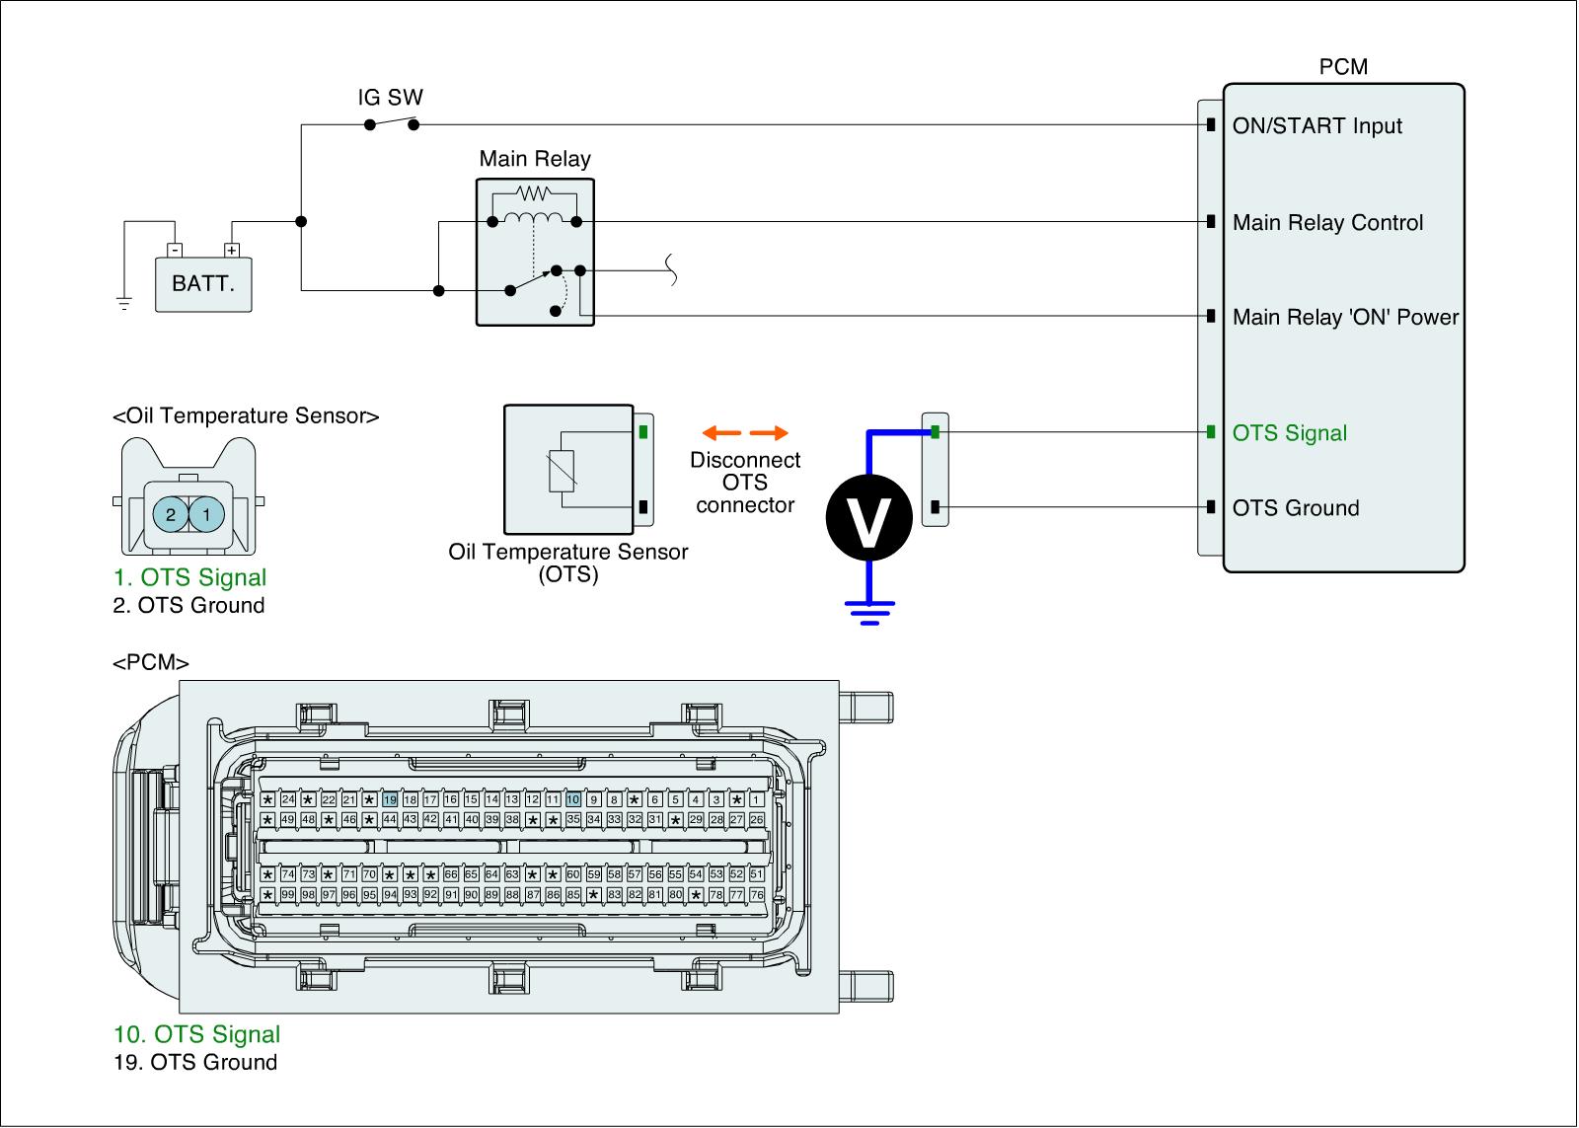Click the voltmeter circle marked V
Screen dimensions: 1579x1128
(869, 517)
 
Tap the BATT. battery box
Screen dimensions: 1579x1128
(203, 284)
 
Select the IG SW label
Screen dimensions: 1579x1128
(391, 98)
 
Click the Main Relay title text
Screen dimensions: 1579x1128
(535, 159)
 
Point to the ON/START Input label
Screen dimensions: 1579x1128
(1316, 125)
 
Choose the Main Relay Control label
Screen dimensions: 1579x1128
(1327, 223)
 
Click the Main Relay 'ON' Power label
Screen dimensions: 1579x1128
(1345, 317)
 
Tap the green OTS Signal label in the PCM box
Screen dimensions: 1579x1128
(1289, 433)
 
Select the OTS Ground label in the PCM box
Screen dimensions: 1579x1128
(1296, 508)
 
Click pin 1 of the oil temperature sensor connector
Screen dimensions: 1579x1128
(206, 514)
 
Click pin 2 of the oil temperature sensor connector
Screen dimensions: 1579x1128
(171, 514)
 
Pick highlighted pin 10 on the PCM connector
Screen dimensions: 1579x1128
(573, 799)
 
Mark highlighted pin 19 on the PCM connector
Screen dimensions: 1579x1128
(390, 799)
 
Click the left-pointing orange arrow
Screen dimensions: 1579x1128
(721, 433)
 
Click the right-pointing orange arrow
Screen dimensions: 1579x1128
(769, 433)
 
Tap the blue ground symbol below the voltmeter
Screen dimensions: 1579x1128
(869, 614)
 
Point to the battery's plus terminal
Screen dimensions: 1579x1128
(231, 251)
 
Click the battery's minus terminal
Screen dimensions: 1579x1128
(175, 251)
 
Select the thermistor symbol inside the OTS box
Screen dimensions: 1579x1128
(562, 470)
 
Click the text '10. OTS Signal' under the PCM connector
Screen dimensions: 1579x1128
(197, 1034)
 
